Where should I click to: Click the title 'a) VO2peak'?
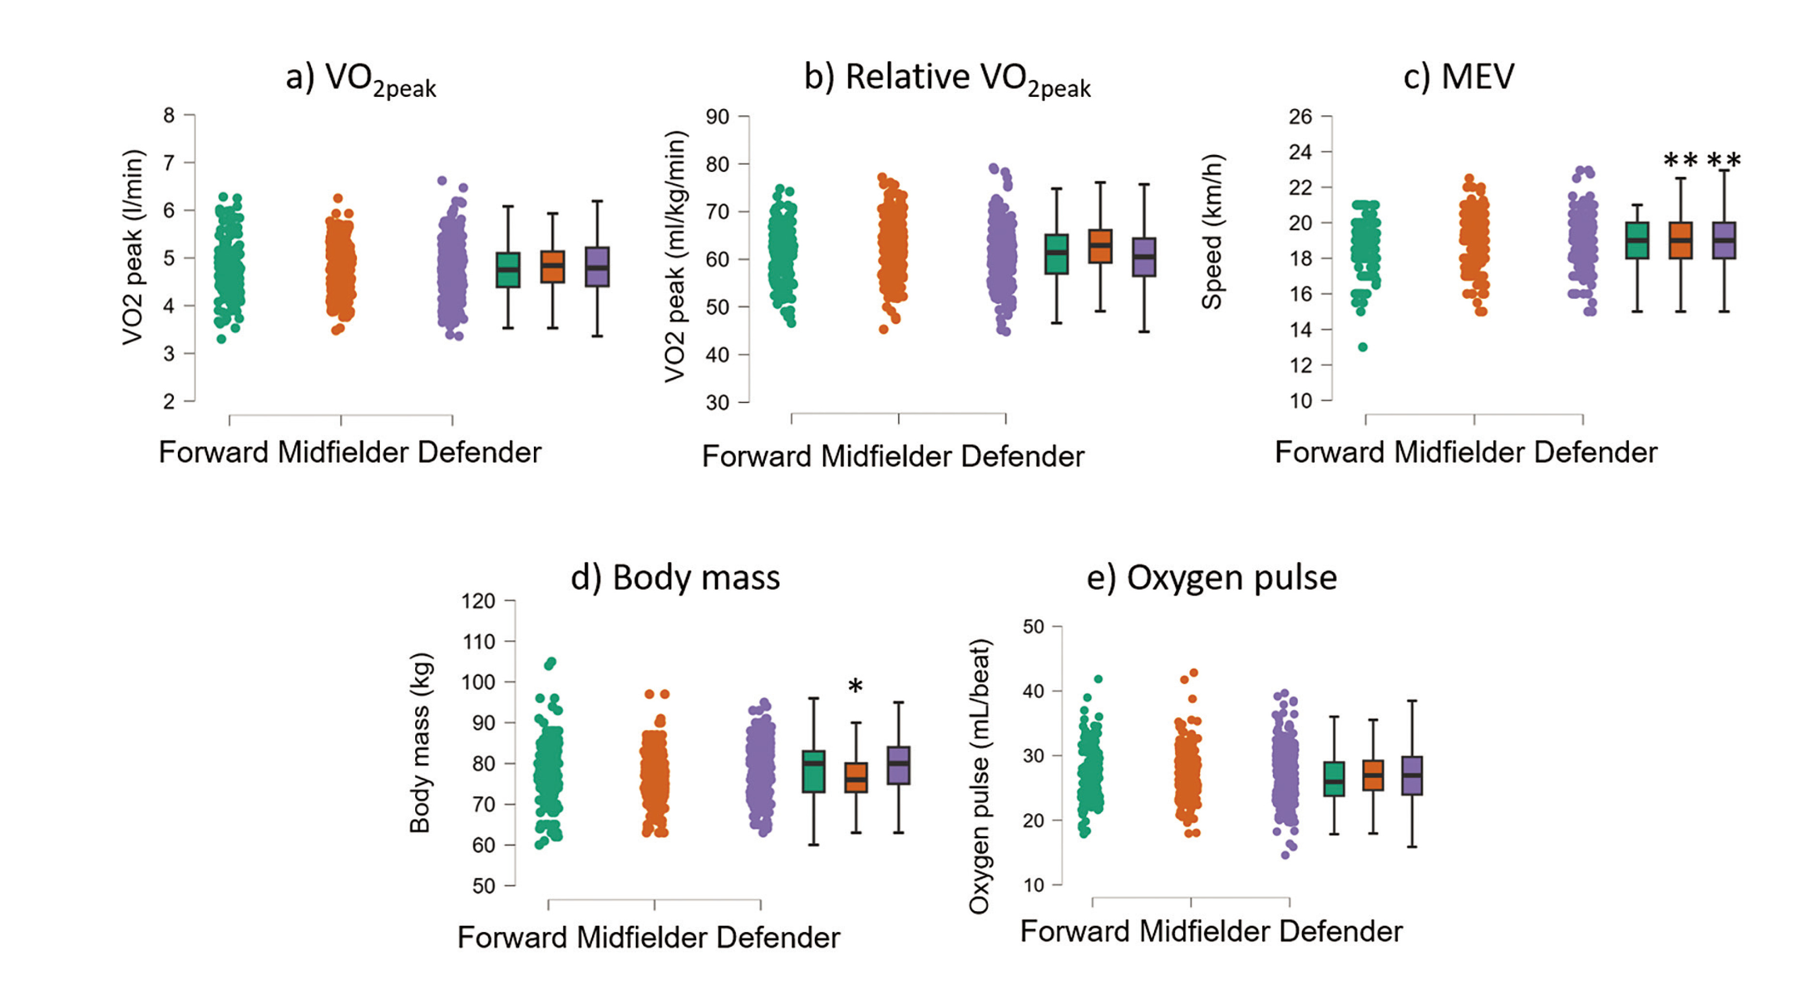point(360,79)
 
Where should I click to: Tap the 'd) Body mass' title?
point(674,578)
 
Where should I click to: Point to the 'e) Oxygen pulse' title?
point(1211,578)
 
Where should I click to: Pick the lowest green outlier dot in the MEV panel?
point(1362,347)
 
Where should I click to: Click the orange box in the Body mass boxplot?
point(856,777)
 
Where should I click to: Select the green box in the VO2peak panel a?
point(508,270)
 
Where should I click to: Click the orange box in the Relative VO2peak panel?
point(1100,246)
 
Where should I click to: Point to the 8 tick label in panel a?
point(169,115)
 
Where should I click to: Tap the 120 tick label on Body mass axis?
point(478,601)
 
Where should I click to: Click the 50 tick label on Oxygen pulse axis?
point(1033,626)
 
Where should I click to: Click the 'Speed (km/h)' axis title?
point(1212,232)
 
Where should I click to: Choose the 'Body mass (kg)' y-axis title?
point(420,743)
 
